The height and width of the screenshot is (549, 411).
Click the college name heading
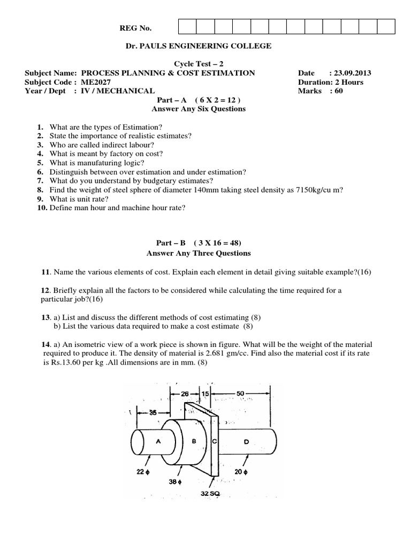coord(198,46)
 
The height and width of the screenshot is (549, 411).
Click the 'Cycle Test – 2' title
coord(198,64)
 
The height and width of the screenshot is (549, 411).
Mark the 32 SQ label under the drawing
coord(208,493)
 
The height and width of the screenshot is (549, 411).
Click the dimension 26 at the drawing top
coord(185,394)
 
